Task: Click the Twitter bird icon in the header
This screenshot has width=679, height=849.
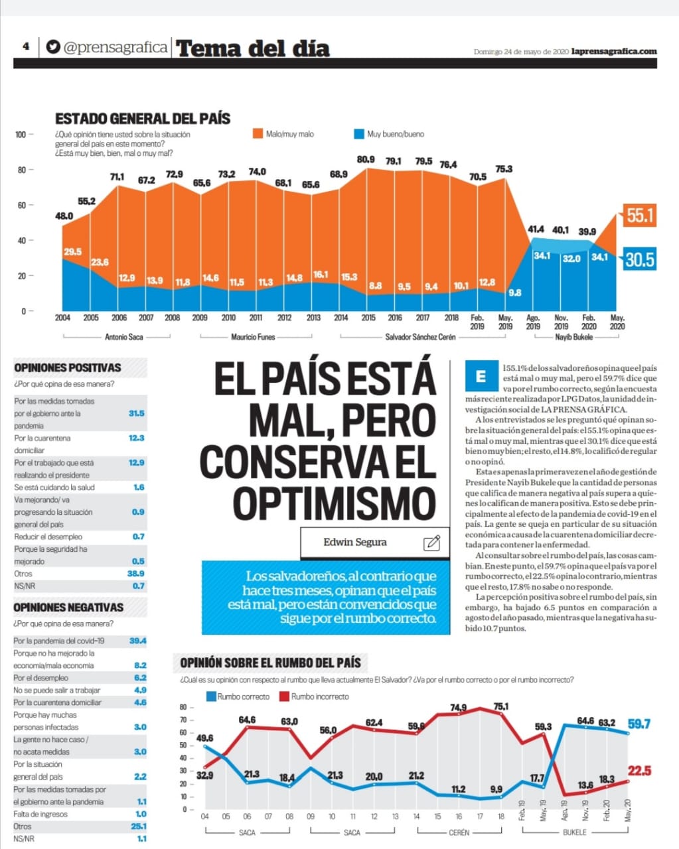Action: click(x=53, y=47)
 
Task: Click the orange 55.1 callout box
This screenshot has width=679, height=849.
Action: click(x=640, y=216)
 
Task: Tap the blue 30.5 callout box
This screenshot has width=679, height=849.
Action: click(x=640, y=259)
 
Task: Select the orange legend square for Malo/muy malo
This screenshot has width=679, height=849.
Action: click(x=258, y=134)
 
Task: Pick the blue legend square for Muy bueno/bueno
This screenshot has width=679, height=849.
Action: click(x=359, y=134)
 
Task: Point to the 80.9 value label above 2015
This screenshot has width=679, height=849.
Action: click(x=366, y=159)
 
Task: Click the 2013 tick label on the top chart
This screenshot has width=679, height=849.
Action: click(x=313, y=318)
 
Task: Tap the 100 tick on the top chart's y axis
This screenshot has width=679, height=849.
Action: click(x=21, y=135)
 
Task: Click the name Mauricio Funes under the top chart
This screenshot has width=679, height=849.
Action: click(x=253, y=337)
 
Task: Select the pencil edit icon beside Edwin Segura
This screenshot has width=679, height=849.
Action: click(x=431, y=543)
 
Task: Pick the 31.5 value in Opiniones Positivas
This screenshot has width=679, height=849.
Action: click(x=137, y=413)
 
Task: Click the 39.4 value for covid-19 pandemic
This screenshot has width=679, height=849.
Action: click(x=138, y=641)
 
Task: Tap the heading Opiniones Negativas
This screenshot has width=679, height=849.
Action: click(x=68, y=607)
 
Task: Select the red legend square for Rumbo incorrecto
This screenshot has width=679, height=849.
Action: click(x=284, y=696)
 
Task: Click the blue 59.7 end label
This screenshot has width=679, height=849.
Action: click(x=639, y=724)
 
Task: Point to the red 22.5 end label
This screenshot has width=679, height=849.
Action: click(x=640, y=771)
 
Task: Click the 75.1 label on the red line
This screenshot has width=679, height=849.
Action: click(x=501, y=706)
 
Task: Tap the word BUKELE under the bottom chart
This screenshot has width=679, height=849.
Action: click(x=574, y=832)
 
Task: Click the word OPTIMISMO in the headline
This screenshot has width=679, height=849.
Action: click(x=335, y=503)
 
